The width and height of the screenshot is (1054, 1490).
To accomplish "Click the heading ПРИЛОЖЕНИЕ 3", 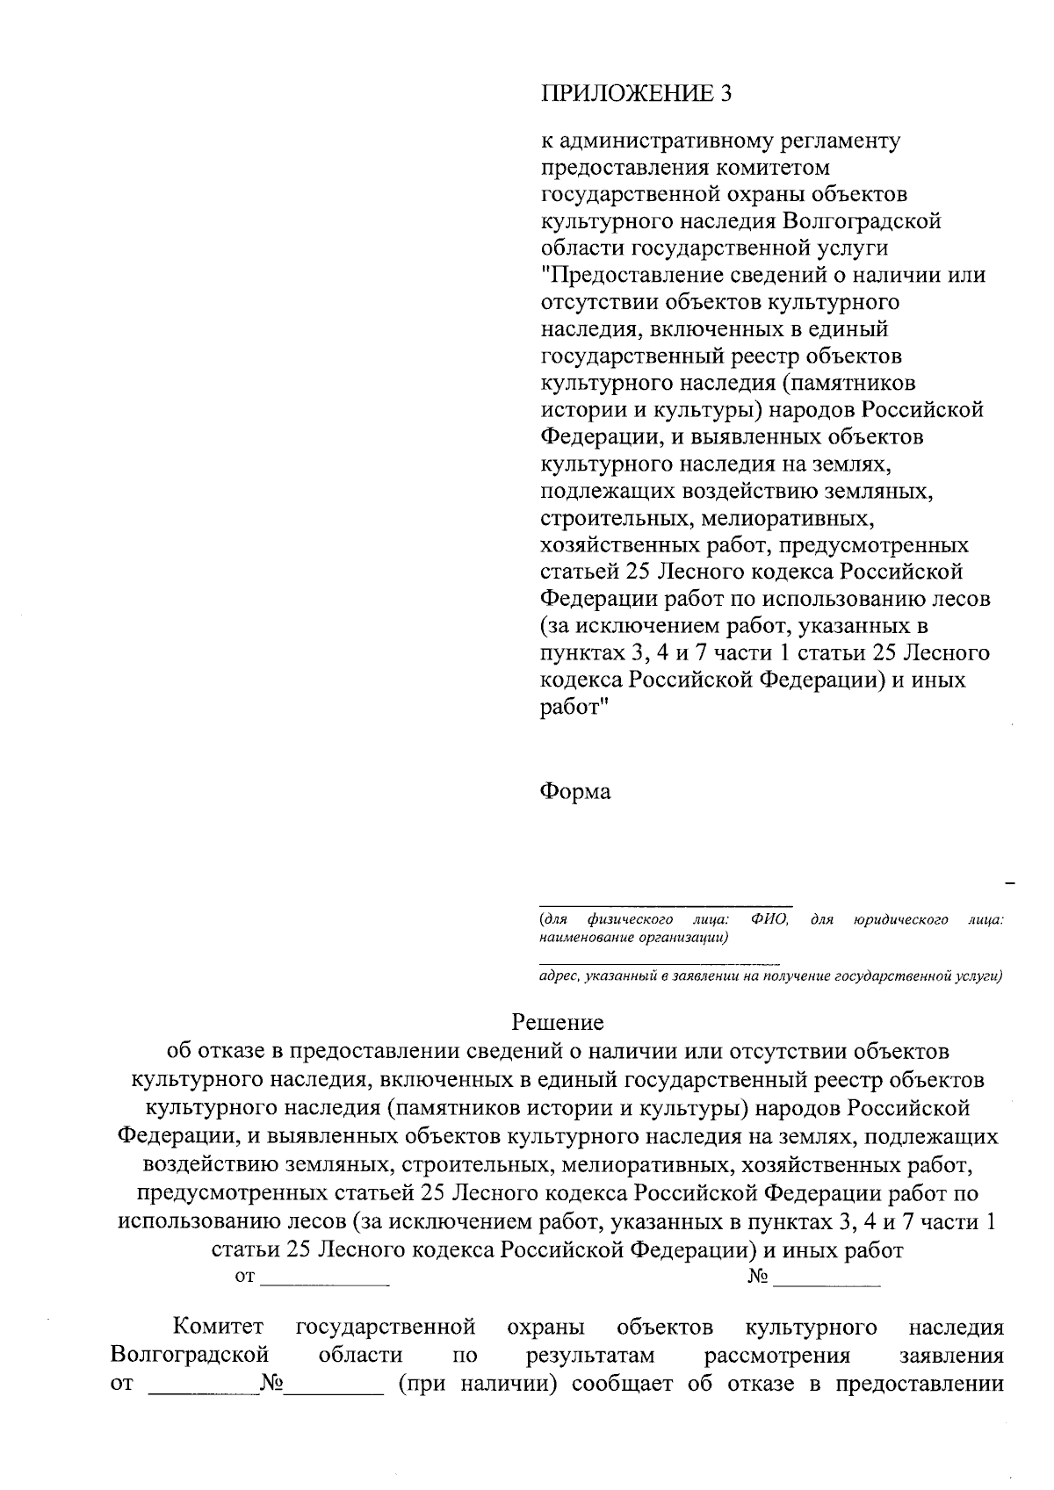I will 635,94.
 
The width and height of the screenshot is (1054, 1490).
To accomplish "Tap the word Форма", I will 574,791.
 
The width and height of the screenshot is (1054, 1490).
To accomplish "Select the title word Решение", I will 558,1022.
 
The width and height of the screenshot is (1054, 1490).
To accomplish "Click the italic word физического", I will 630,919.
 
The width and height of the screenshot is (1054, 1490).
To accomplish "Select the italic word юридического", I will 900,919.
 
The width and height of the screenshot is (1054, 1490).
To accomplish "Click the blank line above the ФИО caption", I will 665,904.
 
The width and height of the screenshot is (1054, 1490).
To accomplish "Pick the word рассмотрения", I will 777,1355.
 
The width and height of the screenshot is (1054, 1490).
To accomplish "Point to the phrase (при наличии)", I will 478,1385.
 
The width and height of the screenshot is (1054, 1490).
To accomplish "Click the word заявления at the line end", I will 952,1355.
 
